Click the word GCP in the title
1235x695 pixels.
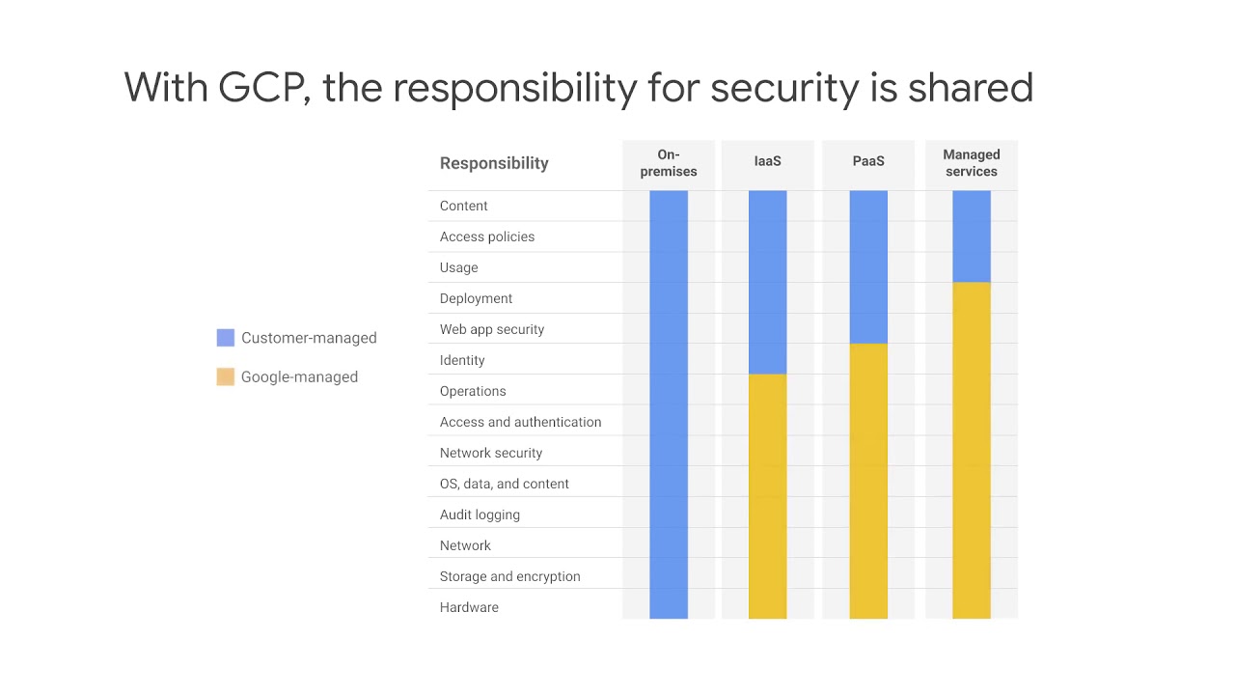click(x=262, y=88)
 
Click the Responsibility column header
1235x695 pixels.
click(x=494, y=163)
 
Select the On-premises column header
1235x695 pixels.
click(x=669, y=163)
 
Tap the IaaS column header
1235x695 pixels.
click(x=768, y=162)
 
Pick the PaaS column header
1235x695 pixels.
click(x=868, y=162)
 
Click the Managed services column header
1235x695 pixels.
click(x=972, y=163)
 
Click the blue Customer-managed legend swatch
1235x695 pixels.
click(x=226, y=338)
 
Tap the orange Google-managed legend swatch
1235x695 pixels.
click(x=226, y=376)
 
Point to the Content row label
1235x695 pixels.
click(x=464, y=206)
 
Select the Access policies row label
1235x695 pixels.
click(x=487, y=236)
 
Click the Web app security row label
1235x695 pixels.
click(x=492, y=329)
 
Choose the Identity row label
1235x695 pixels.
click(x=462, y=360)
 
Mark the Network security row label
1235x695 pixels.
click(x=491, y=453)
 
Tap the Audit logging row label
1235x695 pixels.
click(x=480, y=514)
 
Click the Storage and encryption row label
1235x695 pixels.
click(x=510, y=576)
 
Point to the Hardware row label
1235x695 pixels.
click(x=469, y=607)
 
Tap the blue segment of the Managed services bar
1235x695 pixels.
click(x=972, y=236)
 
